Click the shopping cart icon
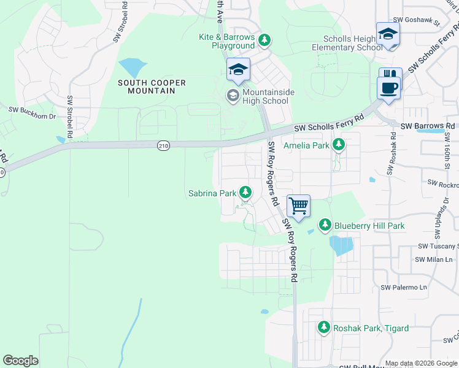298,205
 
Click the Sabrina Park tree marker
245,193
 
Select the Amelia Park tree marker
338,145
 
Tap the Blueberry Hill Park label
369,226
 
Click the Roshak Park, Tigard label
371,328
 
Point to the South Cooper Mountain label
147,86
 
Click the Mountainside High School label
265,96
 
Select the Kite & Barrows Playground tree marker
264,41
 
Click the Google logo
21,361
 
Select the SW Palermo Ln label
403,287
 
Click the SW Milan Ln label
433,259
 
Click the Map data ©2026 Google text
421,363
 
